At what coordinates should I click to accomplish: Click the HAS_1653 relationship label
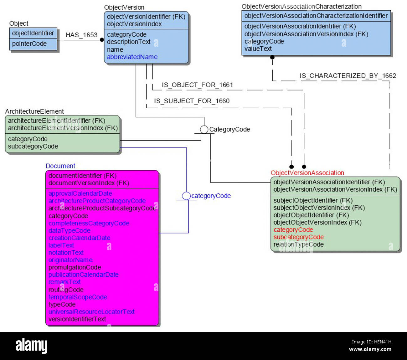point(81,35)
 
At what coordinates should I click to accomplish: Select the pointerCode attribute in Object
point(29,44)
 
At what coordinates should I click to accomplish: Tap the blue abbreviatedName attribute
point(132,57)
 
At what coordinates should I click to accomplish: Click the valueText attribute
point(258,49)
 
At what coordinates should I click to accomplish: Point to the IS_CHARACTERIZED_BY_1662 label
point(348,76)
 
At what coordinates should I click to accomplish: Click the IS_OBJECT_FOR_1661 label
point(197,85)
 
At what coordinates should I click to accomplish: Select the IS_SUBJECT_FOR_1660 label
point(192,101)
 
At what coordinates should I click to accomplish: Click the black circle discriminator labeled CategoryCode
point(204,130)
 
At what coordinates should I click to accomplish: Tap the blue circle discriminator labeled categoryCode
point(186,196)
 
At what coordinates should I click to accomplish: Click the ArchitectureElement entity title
point(34,111)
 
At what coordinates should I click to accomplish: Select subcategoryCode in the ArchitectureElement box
point(33,147)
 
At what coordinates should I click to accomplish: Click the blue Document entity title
point(60,166)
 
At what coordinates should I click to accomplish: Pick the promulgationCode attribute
point(75,267)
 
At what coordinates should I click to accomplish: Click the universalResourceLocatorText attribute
point(91,312)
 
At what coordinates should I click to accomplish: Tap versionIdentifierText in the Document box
point(77,319)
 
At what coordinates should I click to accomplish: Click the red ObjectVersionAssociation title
point(307,173)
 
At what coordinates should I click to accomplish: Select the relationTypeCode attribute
point(298,244)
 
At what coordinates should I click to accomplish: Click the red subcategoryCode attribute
point(298,237)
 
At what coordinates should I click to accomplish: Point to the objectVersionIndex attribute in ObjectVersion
point(134,24)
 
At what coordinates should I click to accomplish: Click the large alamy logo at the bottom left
point(32,346)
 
